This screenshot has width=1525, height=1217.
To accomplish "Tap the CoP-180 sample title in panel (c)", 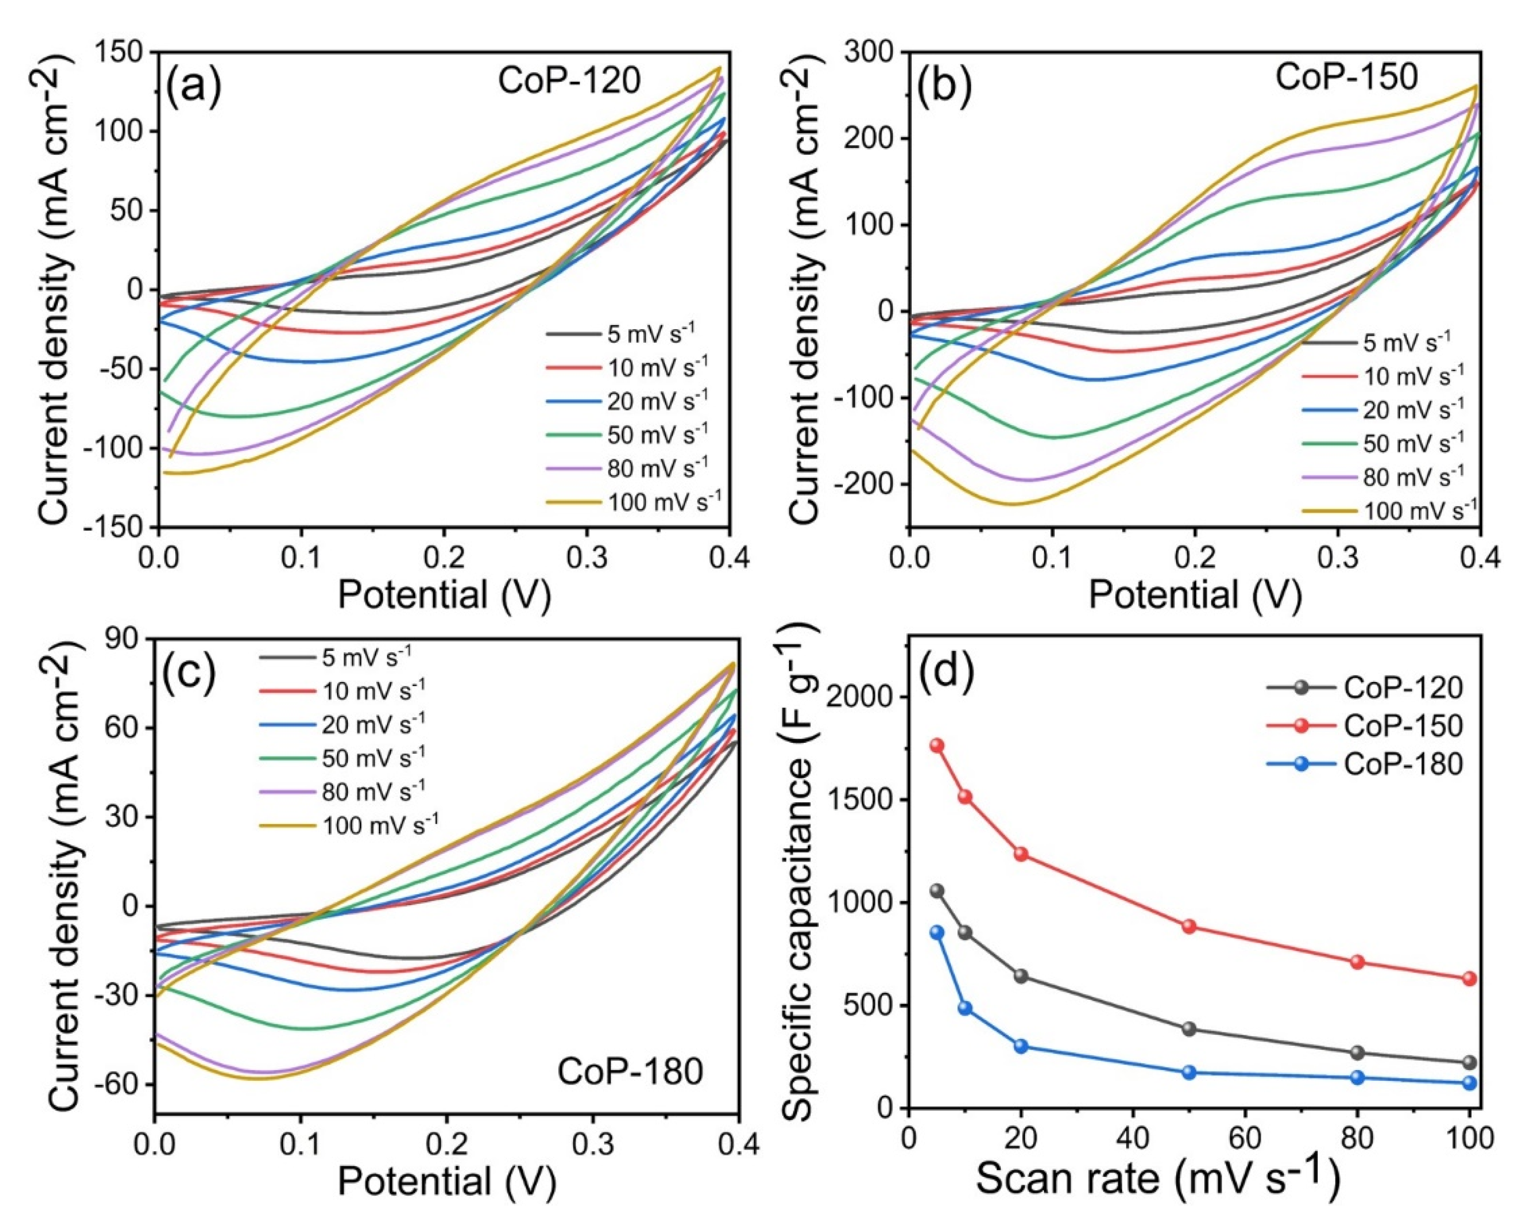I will pos(630,1071).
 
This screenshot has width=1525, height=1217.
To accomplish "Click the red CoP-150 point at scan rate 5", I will pos(937,745).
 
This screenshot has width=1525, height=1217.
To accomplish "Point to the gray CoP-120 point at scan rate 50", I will pos(1189,1029).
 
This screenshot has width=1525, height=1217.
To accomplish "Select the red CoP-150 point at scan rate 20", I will pos(1021,854).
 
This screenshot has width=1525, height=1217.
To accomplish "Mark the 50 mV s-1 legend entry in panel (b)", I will pos(1412,442).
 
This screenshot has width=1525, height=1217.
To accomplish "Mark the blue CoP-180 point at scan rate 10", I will pos(965,1008).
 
